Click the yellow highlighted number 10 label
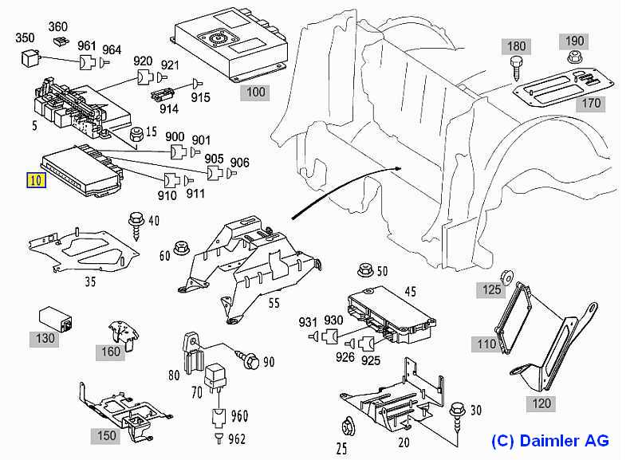point(37,179)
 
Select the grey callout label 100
point(255,92)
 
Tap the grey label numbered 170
point(591,104)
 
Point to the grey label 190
point(575,41)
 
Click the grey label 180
point(516,46)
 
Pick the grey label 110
point(486,344)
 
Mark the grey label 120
point(542,403)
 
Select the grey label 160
point(111,351)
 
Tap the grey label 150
point(107,435)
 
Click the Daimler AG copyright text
point(549,440)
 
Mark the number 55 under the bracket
point(274,304)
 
